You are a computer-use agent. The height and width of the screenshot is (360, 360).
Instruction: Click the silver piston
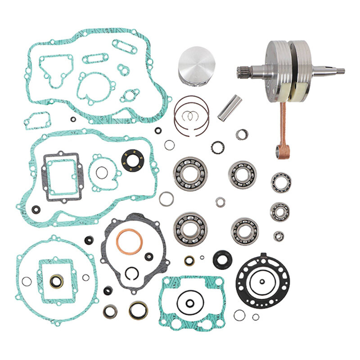tap(197, 65)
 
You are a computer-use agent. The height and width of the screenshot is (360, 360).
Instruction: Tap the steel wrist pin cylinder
tap(229, 108)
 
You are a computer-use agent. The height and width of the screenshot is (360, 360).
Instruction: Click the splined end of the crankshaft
tap(243, 71)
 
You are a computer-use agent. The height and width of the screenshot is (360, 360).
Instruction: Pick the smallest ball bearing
tap(279, 235)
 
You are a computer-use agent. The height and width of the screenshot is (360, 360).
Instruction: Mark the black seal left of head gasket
tap(221, 260)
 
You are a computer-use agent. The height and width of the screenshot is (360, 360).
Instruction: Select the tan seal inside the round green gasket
tap(56, 282)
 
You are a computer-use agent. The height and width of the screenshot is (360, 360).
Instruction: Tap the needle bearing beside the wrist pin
tap(242, 134)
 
